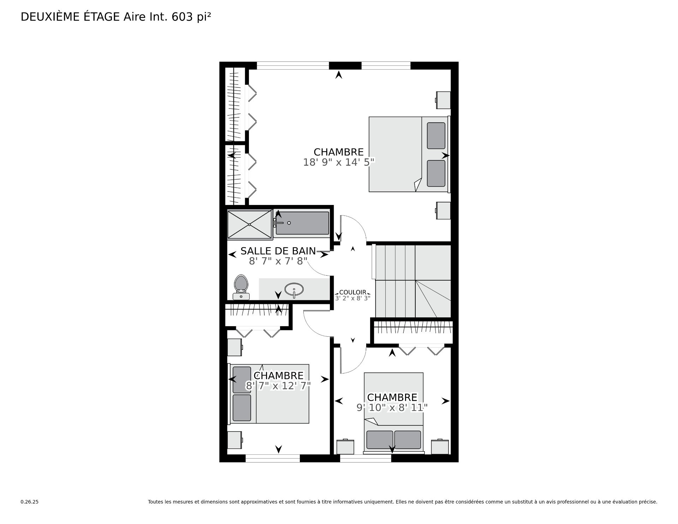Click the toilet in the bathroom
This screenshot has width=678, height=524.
(x=241, y=287)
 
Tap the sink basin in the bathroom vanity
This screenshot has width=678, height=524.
(x=294, y=289)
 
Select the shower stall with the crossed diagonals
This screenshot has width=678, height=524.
(x=249, y=224)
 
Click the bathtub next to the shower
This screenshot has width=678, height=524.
(x=302, y=223)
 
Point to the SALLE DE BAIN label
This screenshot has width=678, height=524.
(x=278, y=251)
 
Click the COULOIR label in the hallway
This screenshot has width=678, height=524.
(x=352, y=293)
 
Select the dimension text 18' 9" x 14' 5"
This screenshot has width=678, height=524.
(x=339, y=162)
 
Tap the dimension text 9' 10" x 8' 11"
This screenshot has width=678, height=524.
(x=392, y=407)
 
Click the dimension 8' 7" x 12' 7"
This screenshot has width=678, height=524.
(x=278, y=385)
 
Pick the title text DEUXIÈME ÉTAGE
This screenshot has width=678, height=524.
(x=70, y=17)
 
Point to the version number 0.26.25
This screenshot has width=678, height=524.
(x=29, y=502)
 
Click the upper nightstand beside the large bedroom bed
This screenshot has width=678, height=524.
(x=443, y=100)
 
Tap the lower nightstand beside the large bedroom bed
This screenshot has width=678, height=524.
(x=443, y=211)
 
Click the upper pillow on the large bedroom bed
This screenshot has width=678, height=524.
(x=436, y=136)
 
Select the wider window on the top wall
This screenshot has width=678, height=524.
(x=293, y=66)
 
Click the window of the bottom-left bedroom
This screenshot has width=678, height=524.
(x=273, y=458)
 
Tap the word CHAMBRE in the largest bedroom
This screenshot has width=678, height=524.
(x=339, y=152)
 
